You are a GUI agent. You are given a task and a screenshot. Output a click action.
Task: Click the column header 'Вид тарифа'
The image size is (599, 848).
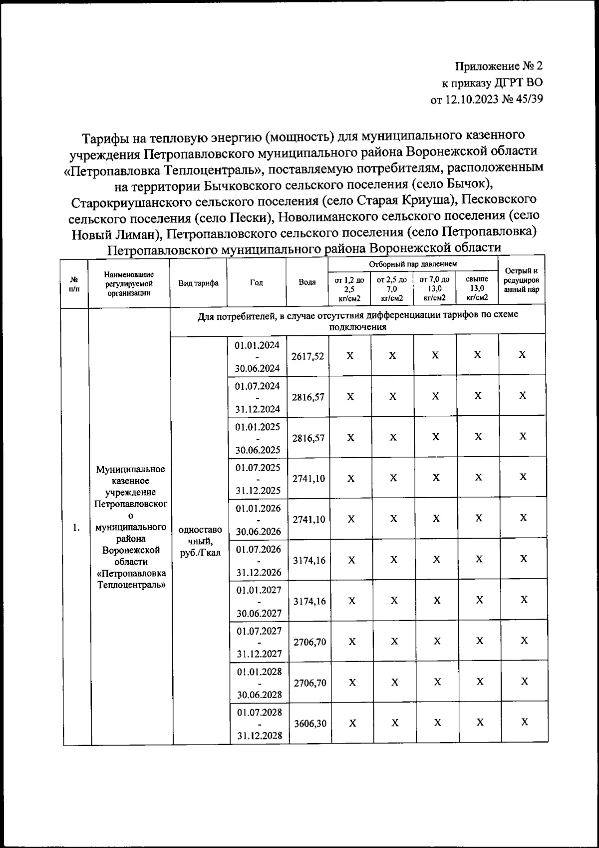point(198,283)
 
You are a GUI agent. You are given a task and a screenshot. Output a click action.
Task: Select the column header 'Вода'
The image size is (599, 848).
point(307,282)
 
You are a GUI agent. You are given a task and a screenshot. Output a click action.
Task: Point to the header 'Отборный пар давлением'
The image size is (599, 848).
point(413,263)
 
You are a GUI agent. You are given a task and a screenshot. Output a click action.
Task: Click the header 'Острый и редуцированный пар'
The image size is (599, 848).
point(522,280)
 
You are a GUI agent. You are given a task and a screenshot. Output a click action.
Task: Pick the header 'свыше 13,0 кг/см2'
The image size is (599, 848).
point(477,289)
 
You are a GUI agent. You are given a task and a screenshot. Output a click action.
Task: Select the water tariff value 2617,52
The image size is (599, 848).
point(308,356)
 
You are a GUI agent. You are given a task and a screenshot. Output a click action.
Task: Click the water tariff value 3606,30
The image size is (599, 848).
point(309,724)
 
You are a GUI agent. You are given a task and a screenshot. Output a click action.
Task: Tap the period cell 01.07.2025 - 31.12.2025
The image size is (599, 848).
point(259,479)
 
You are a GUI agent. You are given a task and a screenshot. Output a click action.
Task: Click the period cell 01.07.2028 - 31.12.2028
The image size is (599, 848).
point(259,724)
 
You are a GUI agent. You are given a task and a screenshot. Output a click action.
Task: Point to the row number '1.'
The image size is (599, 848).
point(76,528)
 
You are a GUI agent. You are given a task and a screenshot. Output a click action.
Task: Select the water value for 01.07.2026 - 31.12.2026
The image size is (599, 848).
point(309,561)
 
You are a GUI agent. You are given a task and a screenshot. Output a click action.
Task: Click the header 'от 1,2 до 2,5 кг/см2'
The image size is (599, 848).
point(349,289)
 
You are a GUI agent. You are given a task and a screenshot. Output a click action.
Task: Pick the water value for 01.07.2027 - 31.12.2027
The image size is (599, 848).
point(309,642)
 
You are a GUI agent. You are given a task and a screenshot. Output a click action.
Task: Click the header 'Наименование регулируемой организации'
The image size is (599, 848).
point(129,283)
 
